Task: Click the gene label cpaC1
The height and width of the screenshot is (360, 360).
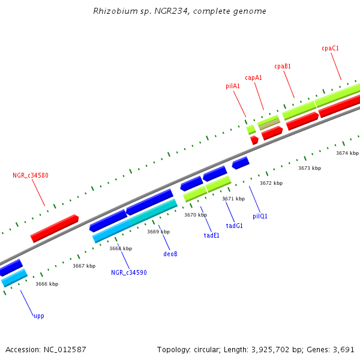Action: coord(330,48)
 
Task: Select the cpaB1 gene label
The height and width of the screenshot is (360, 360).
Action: coord(283,66)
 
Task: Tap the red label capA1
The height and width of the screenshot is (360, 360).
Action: coord(253,77)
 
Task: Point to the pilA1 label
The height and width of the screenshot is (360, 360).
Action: coord(233,86)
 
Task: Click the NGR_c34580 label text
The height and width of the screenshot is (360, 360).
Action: coord(31,176)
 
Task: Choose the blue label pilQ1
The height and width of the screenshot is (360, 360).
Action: coord(260,216)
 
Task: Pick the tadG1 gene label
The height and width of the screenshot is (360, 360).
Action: coord(234,226)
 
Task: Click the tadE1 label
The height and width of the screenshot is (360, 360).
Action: coord(212,235)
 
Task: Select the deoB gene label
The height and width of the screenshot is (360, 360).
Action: coord(170,254)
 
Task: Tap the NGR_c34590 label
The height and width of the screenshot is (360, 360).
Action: coord(129,272)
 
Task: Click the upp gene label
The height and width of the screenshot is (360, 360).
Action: coord(39,316)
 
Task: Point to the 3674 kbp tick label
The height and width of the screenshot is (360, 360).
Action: coord(347,153)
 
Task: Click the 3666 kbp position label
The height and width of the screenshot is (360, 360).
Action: coord(47,284)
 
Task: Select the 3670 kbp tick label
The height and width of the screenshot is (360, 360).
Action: coord(196,215)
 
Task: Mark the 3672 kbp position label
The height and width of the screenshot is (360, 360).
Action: coord(271,183)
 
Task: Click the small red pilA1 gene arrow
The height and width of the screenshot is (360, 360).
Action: coord(254,140)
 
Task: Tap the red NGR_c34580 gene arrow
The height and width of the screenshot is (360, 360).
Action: coord(55,229)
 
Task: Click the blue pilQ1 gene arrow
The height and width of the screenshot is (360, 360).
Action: coord(240,163)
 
